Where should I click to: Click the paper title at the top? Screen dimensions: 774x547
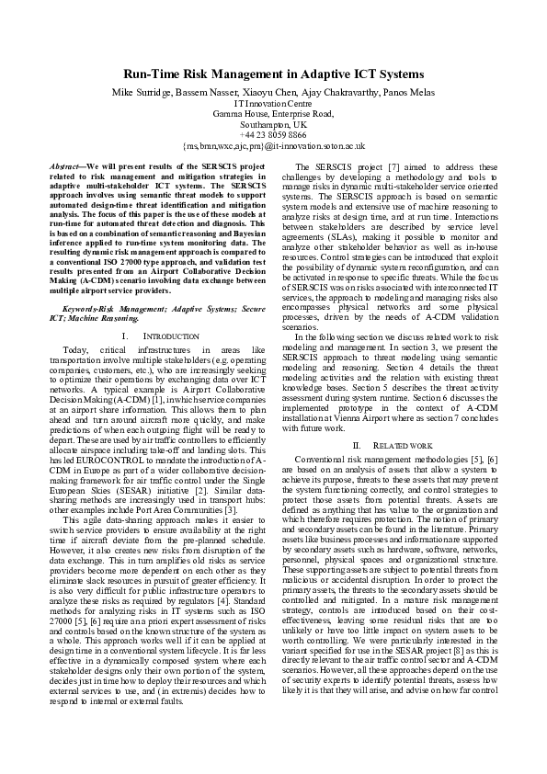(x=273, y=73)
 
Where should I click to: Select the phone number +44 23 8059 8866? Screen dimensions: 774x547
(x=273, y=134)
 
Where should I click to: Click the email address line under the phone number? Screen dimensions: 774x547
(x=273, y=145)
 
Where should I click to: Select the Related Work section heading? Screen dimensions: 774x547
(x=396, y=445)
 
